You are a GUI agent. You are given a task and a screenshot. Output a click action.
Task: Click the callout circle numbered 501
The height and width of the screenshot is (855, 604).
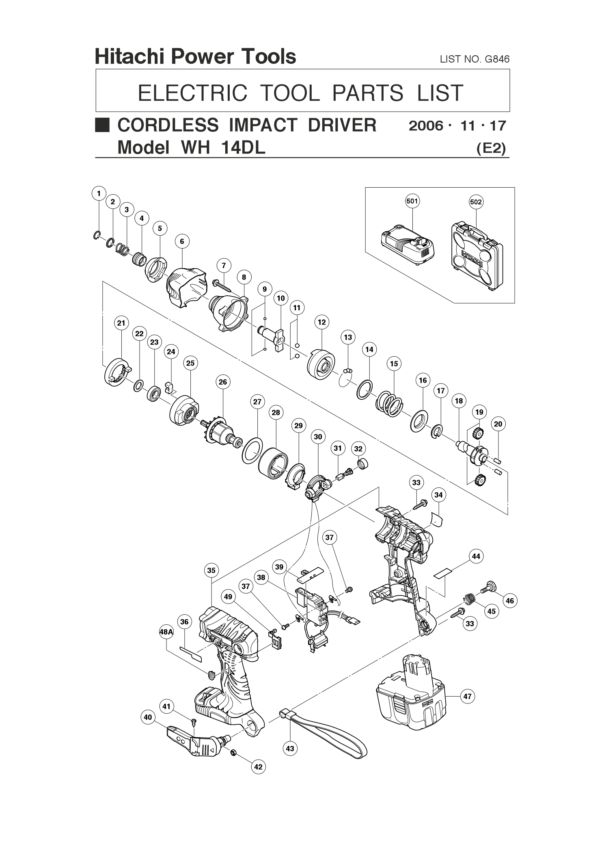(412, 201)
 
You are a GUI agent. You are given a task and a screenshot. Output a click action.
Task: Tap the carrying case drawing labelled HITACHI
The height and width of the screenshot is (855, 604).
(477, 256)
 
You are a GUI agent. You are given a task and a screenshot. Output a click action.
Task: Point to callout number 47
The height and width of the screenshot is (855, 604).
(468, 696)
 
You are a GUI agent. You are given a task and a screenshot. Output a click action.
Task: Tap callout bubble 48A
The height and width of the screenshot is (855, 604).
(166, 632)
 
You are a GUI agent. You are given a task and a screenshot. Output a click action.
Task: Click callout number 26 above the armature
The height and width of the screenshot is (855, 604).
(222, 382)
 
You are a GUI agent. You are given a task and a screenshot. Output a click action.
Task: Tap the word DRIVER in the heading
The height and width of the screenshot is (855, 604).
(342, 125)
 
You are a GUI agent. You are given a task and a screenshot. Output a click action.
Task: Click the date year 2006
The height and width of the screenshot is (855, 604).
(426, 126)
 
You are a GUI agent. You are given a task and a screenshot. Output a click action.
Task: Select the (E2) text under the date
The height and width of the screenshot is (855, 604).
(491, 149)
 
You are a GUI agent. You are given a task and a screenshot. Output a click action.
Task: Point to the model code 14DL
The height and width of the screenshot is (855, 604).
(243, 147)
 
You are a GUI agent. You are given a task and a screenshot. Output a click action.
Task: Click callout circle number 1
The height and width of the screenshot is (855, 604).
(99, 193)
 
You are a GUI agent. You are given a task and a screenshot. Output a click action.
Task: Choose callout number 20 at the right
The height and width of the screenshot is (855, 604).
(498, 424)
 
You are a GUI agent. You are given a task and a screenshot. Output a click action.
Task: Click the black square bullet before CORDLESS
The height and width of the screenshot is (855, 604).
(102, 125)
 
